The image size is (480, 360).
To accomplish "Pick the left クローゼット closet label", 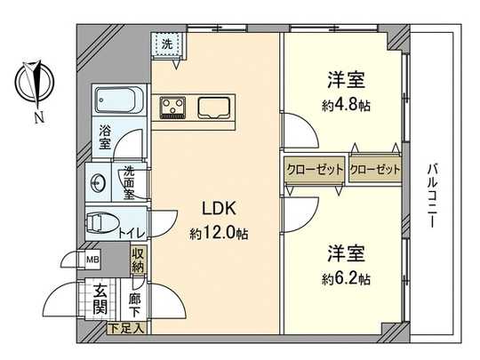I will (314, 169).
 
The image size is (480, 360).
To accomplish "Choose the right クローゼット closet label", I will (374, 169).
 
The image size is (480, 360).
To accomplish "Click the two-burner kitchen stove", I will (172, 108).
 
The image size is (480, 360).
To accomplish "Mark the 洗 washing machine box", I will (165, 43).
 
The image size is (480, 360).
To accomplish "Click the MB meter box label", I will (92, 260).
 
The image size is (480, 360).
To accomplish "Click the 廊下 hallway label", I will (135, 306).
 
